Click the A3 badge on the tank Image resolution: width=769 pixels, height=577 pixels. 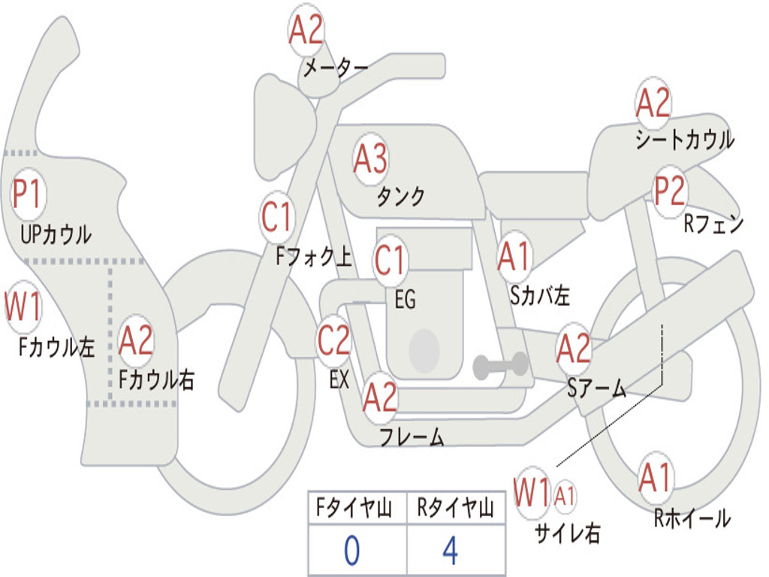tap(369, 159)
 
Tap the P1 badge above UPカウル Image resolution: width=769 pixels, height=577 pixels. tap(28, 194)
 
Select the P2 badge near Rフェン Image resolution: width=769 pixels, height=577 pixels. tap(670, 191)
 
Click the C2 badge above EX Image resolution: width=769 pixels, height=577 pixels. tap(333, 340)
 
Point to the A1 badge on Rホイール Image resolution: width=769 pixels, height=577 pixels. tap(655, 478)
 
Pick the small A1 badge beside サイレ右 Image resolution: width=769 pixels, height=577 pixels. tap(565, 497)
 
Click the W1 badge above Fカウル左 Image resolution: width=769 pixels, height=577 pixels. tap(23, 307)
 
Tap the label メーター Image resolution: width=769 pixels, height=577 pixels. tap(336, 68)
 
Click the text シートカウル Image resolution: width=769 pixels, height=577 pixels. tap(685, 139)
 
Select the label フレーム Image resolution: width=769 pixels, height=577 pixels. tap(412, 437)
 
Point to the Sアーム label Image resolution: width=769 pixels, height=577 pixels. tap(597, 388)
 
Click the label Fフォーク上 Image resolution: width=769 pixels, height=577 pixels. tap(314, 256)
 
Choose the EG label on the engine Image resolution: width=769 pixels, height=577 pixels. tap(405, 299)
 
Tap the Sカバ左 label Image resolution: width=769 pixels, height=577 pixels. tap(539, 295)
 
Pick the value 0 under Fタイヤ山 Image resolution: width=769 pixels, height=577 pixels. tap(351, 551)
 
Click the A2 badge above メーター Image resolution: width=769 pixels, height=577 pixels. tap(306, 30)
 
